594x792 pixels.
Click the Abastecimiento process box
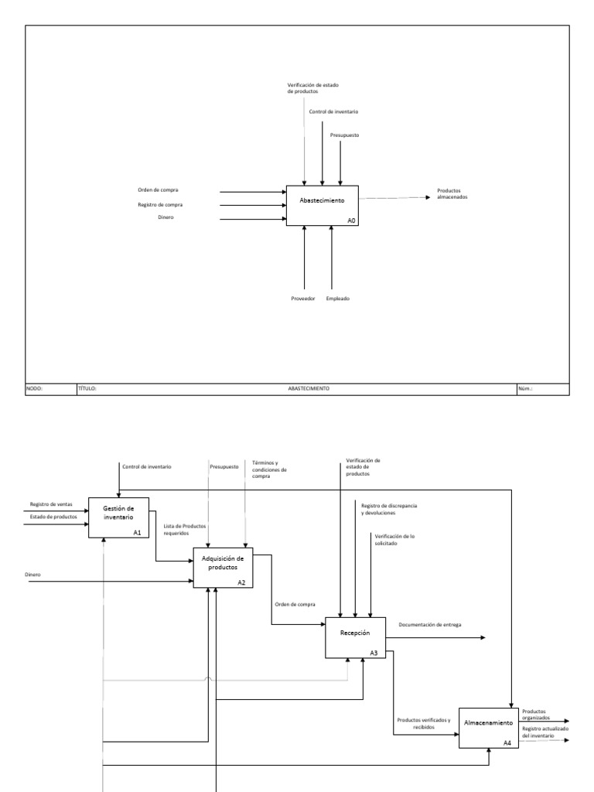pos(323,205)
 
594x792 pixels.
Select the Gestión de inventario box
pos(118,516)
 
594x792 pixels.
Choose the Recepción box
pos(354,637)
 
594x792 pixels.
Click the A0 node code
pos(351,220)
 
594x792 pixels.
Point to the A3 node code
pos(374,653)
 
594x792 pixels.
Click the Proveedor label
pos(303,299)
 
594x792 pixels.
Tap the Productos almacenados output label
pos(451,194)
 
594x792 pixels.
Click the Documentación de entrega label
pos(429,624)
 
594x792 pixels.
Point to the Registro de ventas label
pos(51,504)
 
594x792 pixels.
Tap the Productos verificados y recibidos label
pos(423,723)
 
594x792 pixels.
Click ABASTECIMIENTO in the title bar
pos(308,388)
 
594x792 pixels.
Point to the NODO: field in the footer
pos(36,388)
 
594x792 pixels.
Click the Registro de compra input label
pos(160,205)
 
